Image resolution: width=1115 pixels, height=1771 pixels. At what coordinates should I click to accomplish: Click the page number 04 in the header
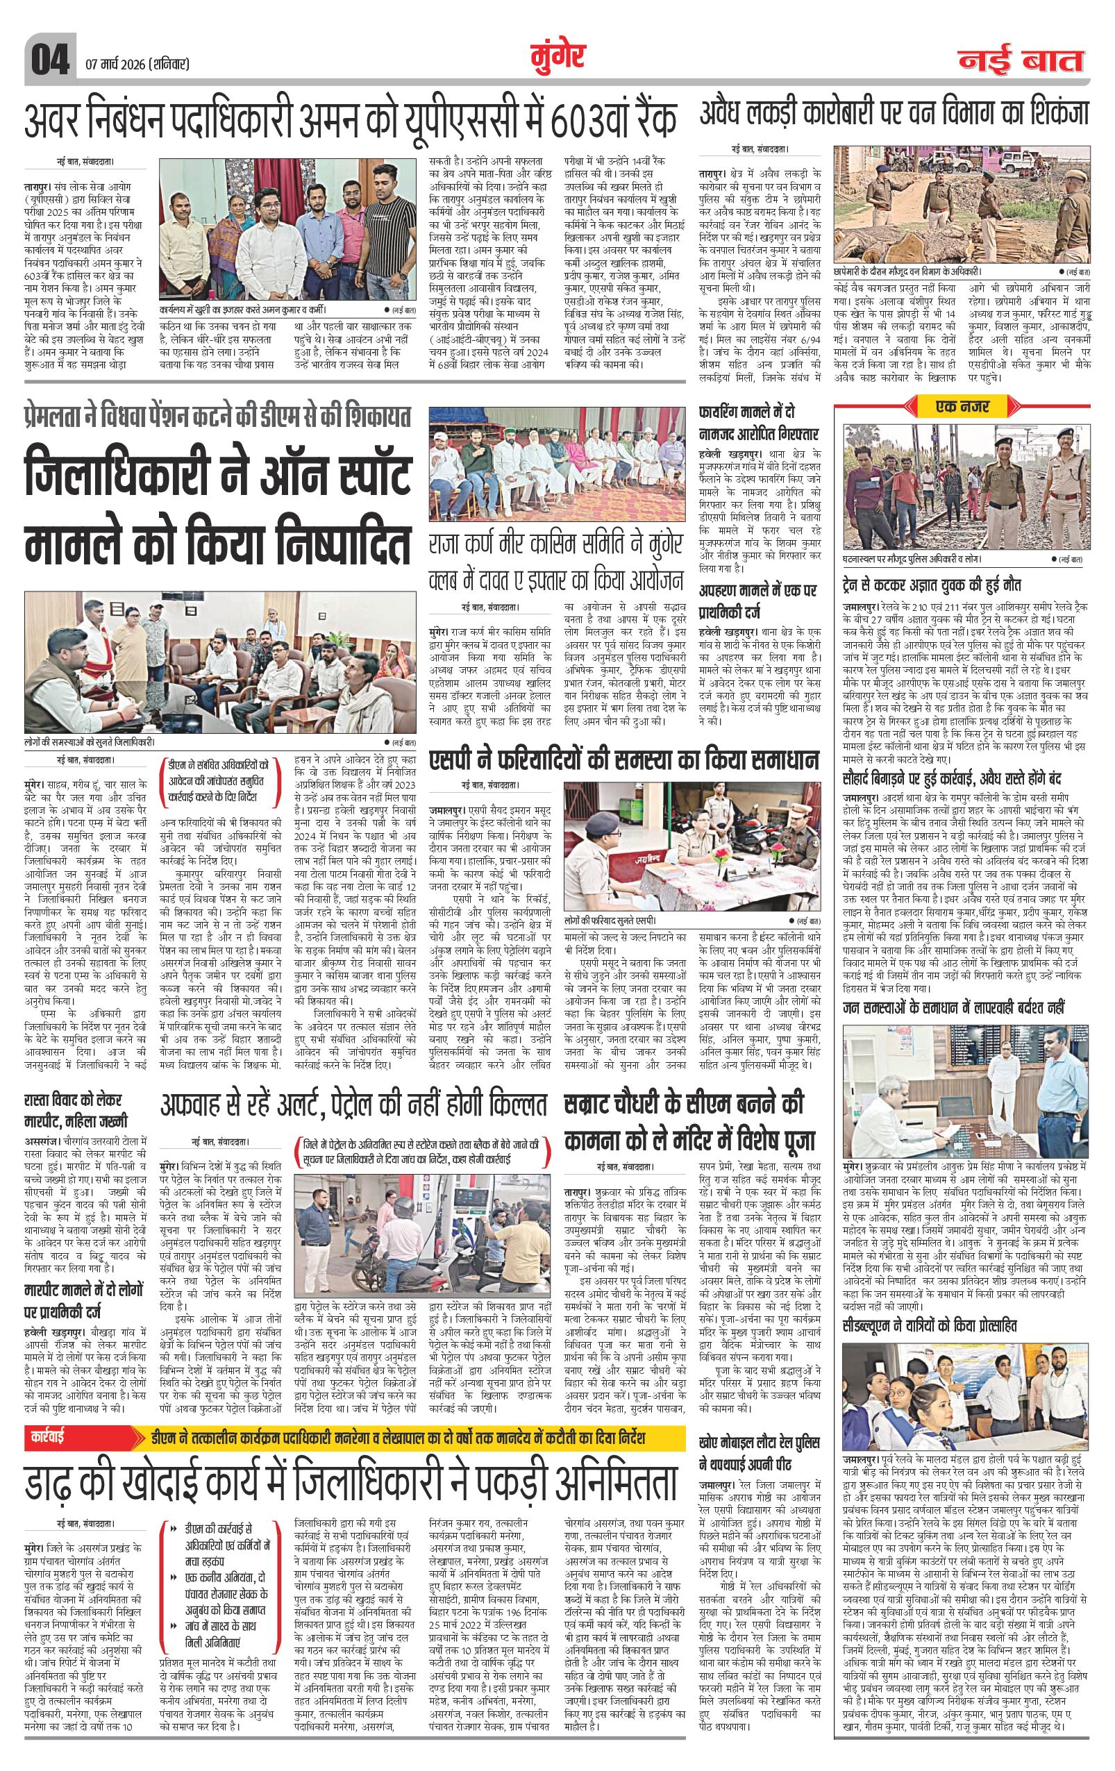(49, 58)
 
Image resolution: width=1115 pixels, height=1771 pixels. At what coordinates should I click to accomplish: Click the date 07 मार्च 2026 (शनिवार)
(137, 63)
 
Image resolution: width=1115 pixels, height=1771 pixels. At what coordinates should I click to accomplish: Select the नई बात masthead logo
(1023, 61)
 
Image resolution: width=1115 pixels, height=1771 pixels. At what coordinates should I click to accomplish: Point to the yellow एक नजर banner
(963, 405)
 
